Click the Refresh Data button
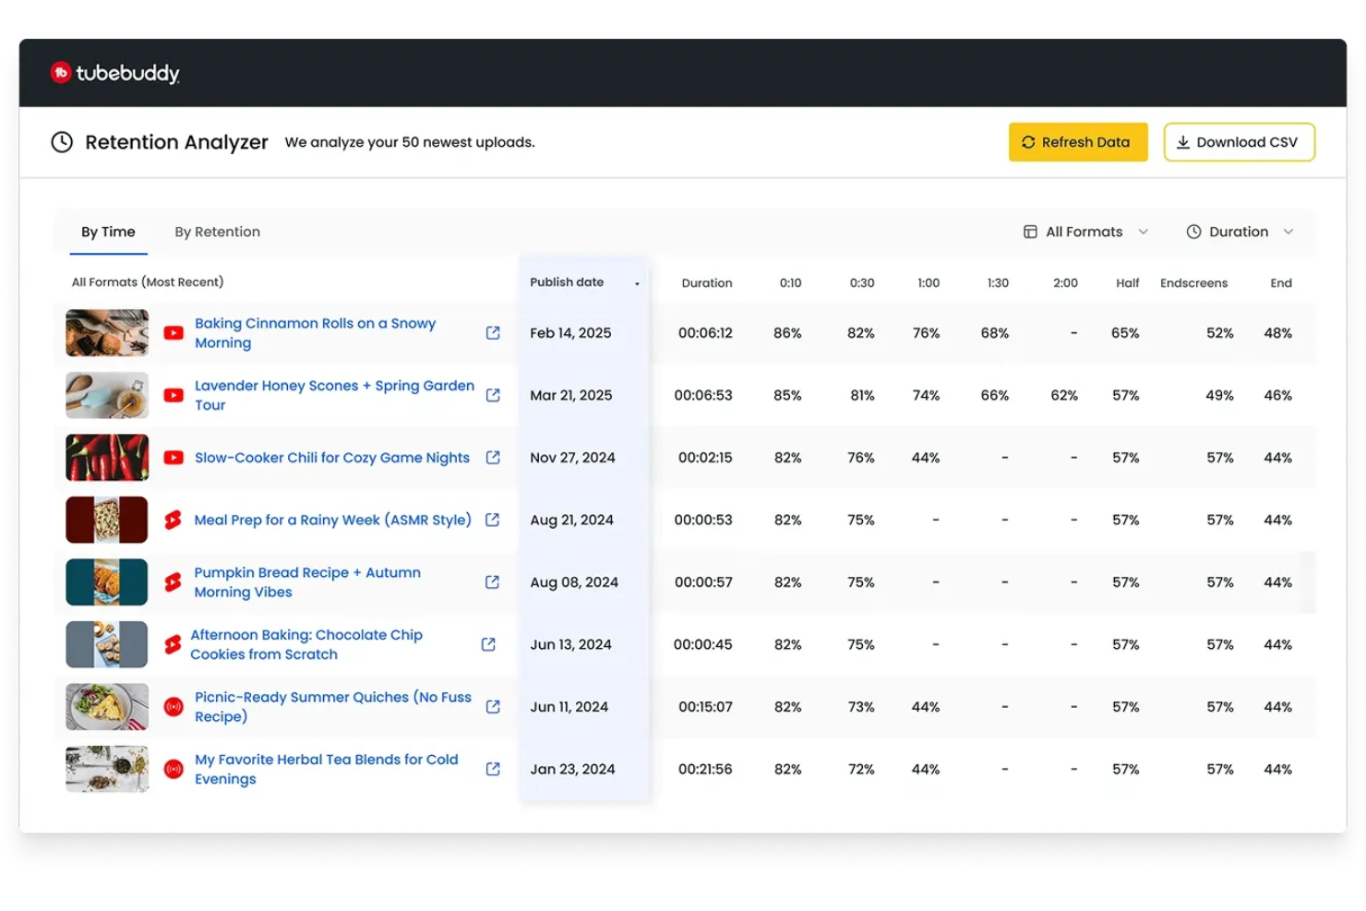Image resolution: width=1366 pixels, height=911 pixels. pos(1077,142)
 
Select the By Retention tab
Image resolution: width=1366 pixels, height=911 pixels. pos(217,232)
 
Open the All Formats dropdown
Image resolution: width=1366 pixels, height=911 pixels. pos(1085,232)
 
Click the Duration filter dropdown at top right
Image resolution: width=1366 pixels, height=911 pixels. pos(1239,232)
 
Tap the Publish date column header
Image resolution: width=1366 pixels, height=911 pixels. pos(567,282)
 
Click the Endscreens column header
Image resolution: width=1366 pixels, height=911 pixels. pos(1193,283)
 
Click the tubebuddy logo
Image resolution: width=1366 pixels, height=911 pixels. pos(115,73)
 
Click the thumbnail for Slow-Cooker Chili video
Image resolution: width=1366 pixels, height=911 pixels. pos(107,458)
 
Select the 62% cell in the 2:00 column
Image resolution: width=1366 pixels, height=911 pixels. pos(1064,395)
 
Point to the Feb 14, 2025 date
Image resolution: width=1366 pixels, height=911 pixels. pos(570,333)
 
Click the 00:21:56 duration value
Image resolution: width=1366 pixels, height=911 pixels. pos(705,769)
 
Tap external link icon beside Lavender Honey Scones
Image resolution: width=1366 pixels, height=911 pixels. pos(493,395)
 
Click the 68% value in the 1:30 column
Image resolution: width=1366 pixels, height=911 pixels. pos(994,333)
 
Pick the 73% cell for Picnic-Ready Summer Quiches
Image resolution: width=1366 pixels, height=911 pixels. pos(860,707)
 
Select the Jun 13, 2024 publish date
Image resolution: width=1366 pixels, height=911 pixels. pos(570,644)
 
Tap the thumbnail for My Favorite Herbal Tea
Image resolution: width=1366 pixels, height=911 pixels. pos(107,769)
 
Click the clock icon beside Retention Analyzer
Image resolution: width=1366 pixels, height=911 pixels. pos(62,142)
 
